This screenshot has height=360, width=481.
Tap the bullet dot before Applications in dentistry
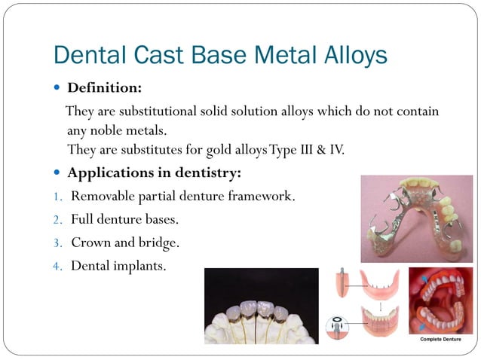click(58, 173)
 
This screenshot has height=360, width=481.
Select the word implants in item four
click(139, 266)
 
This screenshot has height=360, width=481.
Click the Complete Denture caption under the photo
click(441, 340)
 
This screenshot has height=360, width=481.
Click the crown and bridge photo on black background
click(261, 307)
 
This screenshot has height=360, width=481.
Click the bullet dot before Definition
click(58, 89)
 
